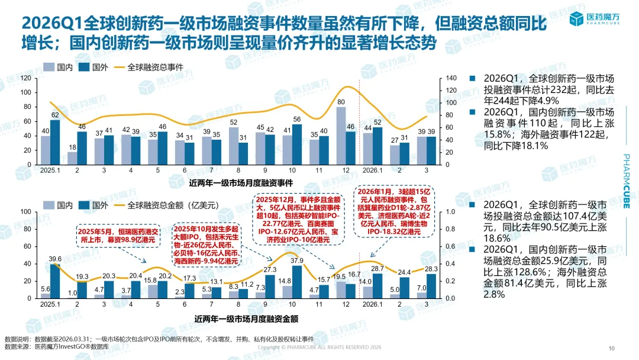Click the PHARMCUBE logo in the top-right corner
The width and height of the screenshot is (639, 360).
(x=597, y=19)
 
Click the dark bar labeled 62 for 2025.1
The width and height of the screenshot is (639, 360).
(x=55, y=142)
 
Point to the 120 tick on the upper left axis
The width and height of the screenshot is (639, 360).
(x=25, y=78)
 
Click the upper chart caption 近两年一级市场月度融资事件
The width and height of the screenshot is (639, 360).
(x=244, y=184)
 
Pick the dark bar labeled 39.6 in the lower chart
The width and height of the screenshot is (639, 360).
(x=55, y=281)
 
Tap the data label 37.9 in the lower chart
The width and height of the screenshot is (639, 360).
(x=297, y=260)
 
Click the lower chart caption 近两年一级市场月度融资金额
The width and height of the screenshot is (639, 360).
(x=246, y=319)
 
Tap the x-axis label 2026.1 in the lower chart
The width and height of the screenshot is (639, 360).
(x=372, y=304)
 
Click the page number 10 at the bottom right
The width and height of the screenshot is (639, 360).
(x=612, y=348)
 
